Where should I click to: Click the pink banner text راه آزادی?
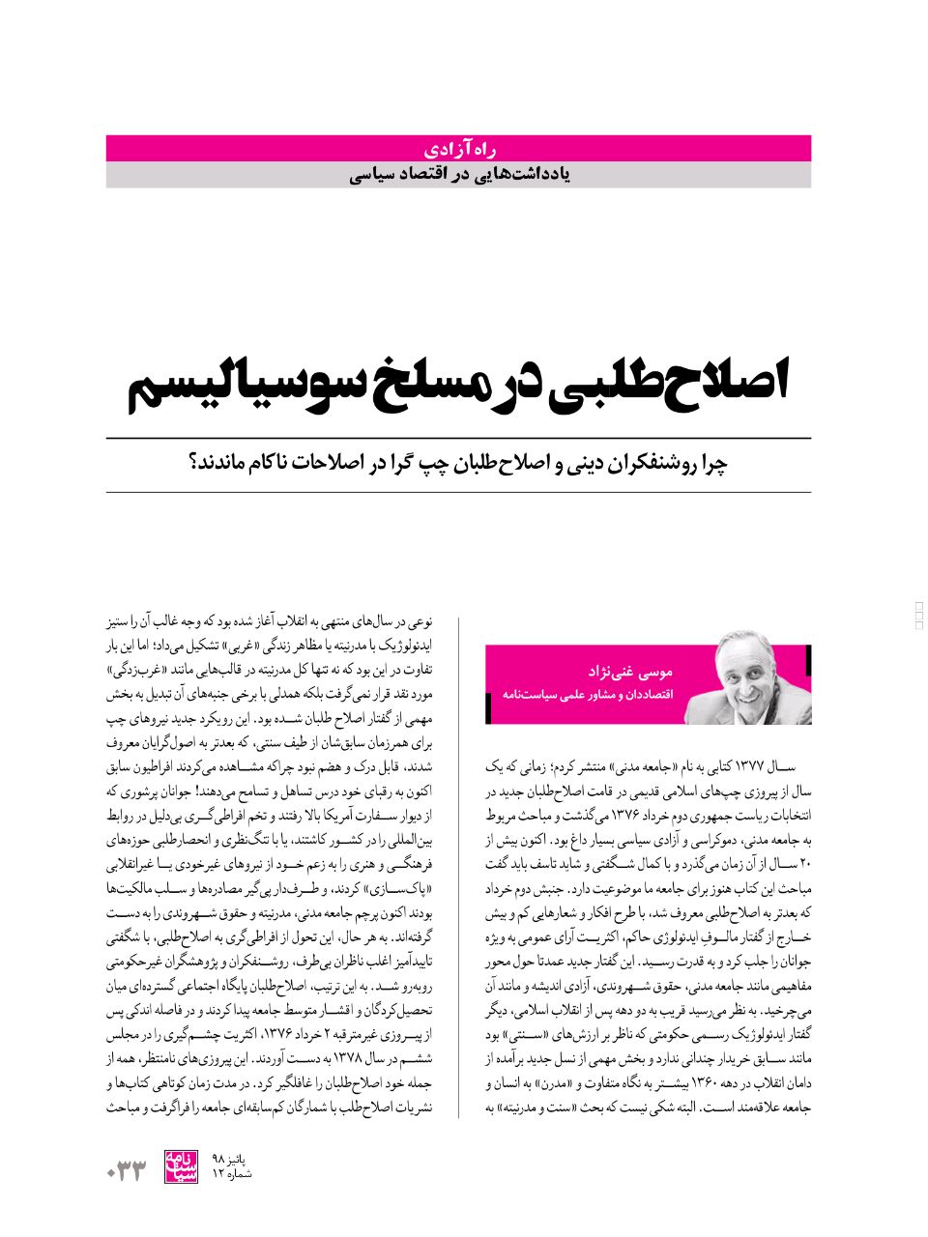(459, 149)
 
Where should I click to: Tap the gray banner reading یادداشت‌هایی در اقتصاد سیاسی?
(458, 175)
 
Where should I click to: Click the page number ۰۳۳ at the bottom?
(126, 1173)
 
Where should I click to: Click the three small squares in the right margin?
(919, 615)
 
